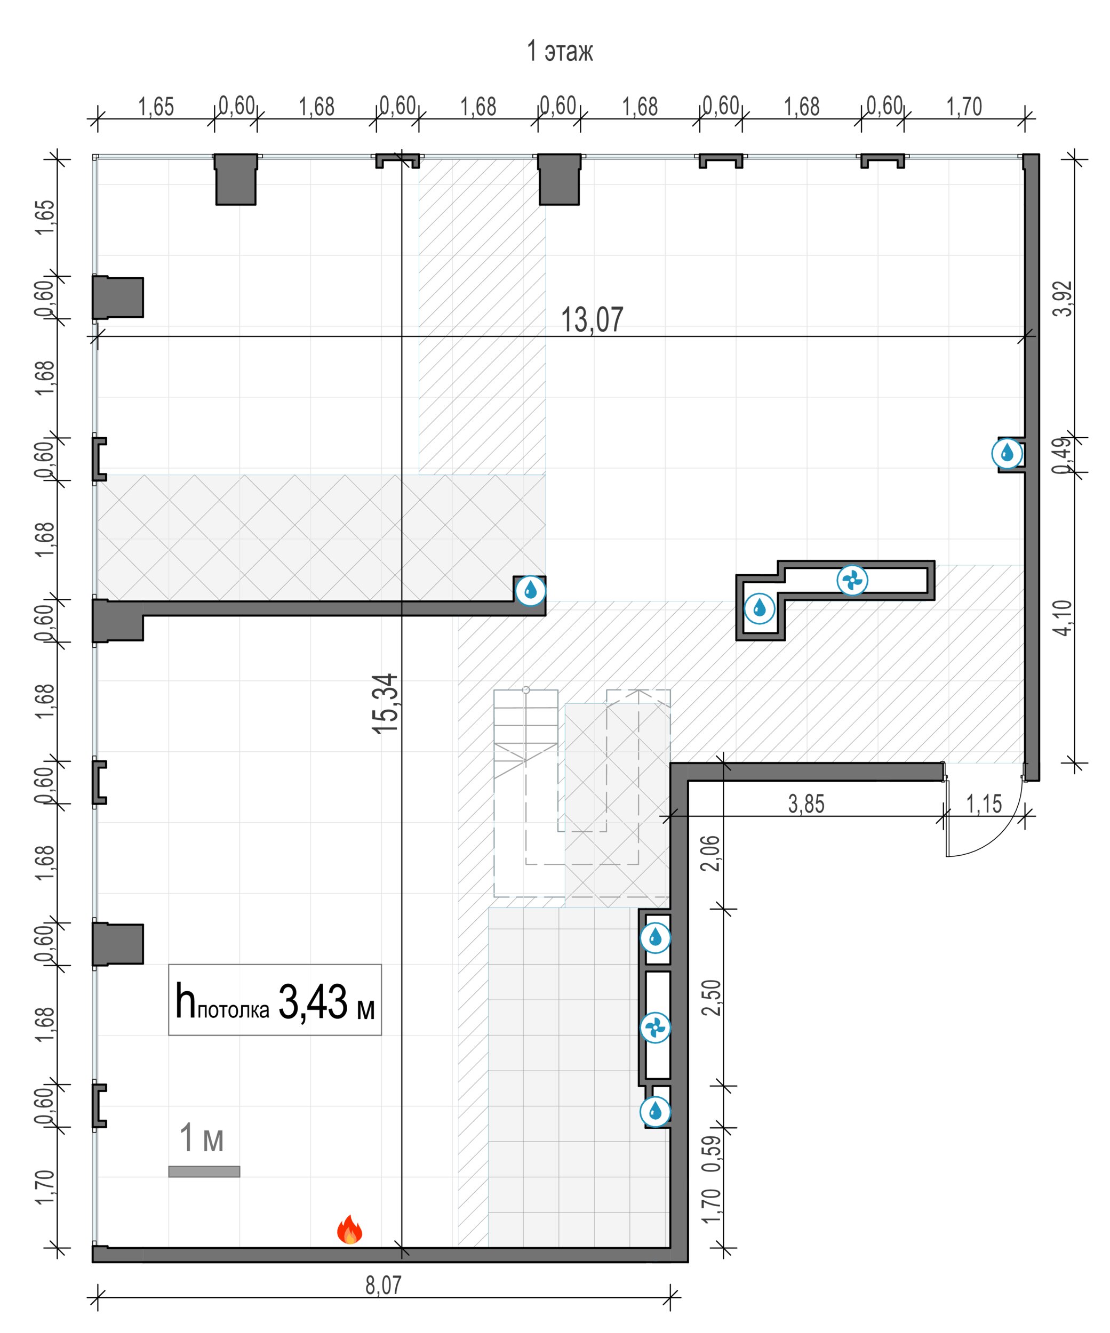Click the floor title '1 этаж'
pyautogui.click(x=560, y=51)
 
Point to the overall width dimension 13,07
pyautogui.click(x=592, y=319)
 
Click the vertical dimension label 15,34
pyautogui.click(x=386, y=703)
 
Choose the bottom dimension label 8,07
pyautogui.click(x=384, y=1285)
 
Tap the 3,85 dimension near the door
pyautogui.click(x=806, y=804)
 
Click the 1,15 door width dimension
pyautogui.click(x=984, y=804)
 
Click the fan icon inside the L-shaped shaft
pyautogui.click(x=852, y=580)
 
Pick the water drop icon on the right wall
pyautogui.click(x=1007, y=454)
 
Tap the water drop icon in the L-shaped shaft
pyautogui.click(x=760, y=609)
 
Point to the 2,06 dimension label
pyautogui.click(x=713, y=853)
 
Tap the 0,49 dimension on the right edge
pyautogui.click(x=1063, y=455)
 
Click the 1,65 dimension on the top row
pyautogui.click(x=156, y=107)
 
